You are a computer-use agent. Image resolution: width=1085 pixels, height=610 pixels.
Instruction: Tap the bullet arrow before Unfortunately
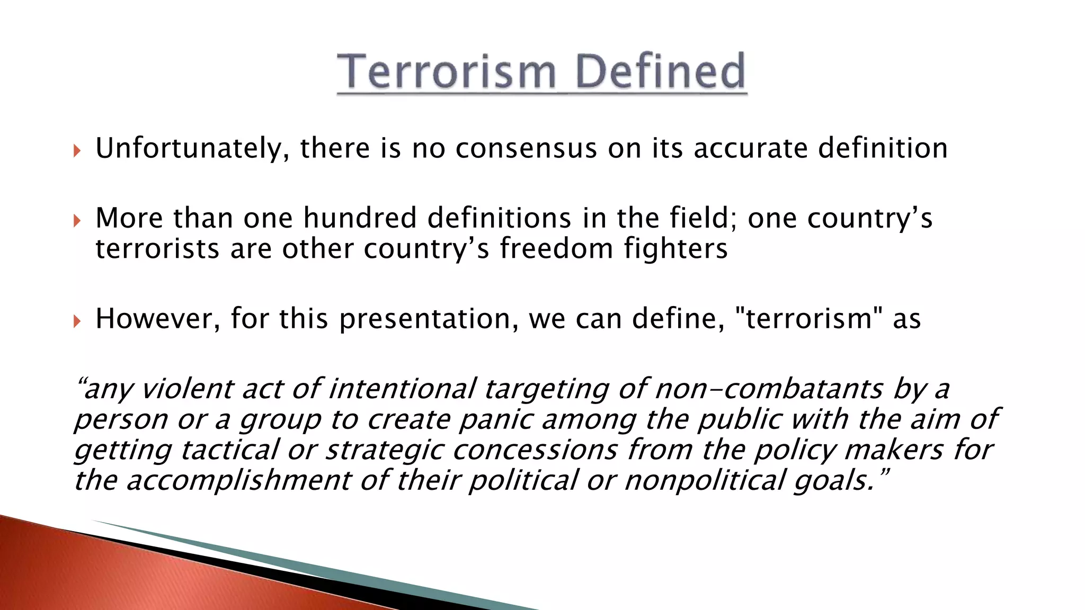[x=77, y=151]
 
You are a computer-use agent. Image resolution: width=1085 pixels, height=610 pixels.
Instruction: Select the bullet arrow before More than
[x=77, y=220]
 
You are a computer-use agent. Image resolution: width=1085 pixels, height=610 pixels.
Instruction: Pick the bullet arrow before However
[x=77, y=321]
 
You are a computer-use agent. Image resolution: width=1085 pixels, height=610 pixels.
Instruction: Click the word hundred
[x=360, y=218]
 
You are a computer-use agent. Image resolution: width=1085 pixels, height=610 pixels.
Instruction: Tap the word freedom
[x=556, y=248]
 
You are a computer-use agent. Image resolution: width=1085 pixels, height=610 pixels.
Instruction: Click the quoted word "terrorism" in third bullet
[x=808, y=319]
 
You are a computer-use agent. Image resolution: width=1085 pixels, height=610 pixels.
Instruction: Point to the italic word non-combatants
[x=769, y=389]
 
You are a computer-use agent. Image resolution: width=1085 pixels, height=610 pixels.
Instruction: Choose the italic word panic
[x=495, y=420]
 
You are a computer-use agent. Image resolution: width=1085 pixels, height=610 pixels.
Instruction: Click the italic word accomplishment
[x=238, y=481]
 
